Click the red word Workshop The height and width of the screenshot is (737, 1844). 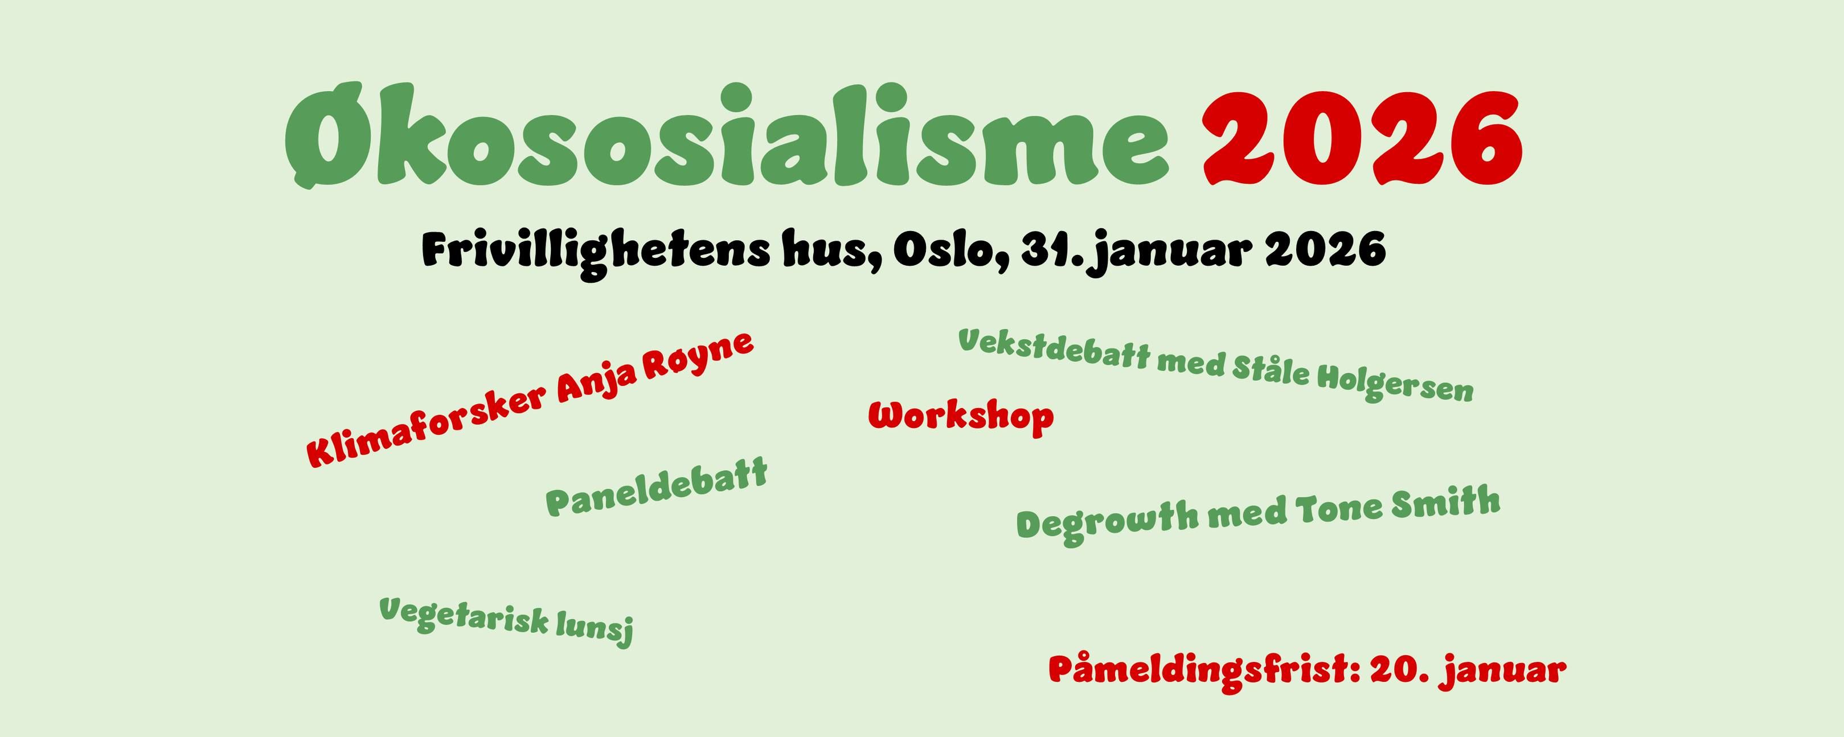[x=961, y=417]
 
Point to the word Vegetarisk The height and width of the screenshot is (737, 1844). [x=464, y=620]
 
